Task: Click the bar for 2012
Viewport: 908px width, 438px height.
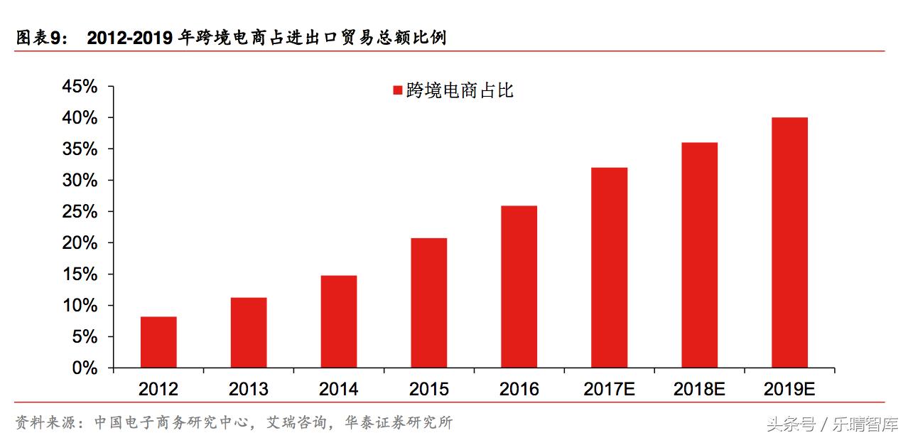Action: (x=158, y=342)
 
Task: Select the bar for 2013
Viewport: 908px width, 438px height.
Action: (x=249, y=333)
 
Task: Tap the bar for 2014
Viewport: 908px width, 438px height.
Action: (x=339, y=321)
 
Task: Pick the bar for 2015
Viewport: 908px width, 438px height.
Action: (x=429, y=303)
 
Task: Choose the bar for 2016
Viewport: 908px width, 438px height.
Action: (x=519, y=287)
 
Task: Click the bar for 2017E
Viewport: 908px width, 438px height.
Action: (x=610, y=267)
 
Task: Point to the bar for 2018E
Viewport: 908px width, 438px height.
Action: (x=699, y=255)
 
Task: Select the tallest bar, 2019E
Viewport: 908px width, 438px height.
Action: (x=789, y=242)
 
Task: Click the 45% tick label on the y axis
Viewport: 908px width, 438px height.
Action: (x=80, y=87)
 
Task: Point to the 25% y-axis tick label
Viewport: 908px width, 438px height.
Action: (x=80, y=212)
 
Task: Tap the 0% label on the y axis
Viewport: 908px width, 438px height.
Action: (x=85, y=368)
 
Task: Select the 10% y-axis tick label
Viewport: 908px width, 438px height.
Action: (x=80, y=306)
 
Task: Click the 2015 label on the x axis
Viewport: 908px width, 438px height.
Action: (x=429, y=390)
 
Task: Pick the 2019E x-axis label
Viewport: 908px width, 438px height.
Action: (x=789, y=390)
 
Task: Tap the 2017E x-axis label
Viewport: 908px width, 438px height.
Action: (x=610, y=390)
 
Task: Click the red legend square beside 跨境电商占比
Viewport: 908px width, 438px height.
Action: (x=397, y=91)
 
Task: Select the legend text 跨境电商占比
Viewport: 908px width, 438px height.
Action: (x=460, y=91)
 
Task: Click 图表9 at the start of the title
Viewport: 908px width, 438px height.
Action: (x=41, y=38)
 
